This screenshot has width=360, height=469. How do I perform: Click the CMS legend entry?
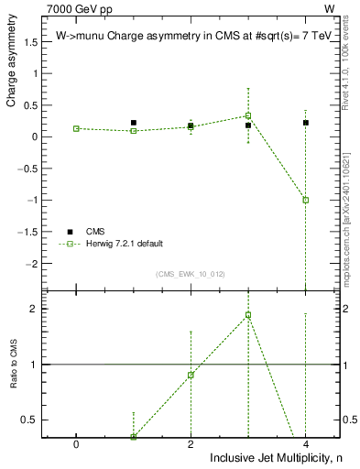point(96,231)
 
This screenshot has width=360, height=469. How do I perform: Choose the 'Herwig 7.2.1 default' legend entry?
point(125,244)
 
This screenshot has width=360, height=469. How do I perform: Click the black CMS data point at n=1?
point(134,123)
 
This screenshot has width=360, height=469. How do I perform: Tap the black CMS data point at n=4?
point(306,123)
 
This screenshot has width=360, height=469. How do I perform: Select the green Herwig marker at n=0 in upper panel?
point(76,129)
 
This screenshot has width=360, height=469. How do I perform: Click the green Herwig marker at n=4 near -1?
point(306,200)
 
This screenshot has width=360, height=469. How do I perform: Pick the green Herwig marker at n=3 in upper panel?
point(248,115)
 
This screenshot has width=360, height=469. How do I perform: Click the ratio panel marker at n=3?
point(248,315)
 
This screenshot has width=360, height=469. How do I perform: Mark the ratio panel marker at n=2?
point(191,375)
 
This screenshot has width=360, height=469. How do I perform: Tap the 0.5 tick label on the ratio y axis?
point(29,420)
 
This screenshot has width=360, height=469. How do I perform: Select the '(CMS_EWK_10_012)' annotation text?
point(191,274)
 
